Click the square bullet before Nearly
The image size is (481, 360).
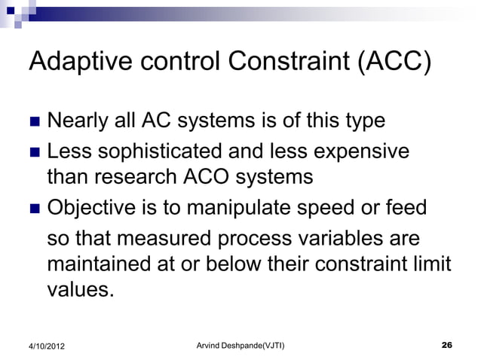(34, 122)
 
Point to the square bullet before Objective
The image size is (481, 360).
(34, 207)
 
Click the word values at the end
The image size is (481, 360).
(81, 290)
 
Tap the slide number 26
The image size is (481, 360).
(446, 345)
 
